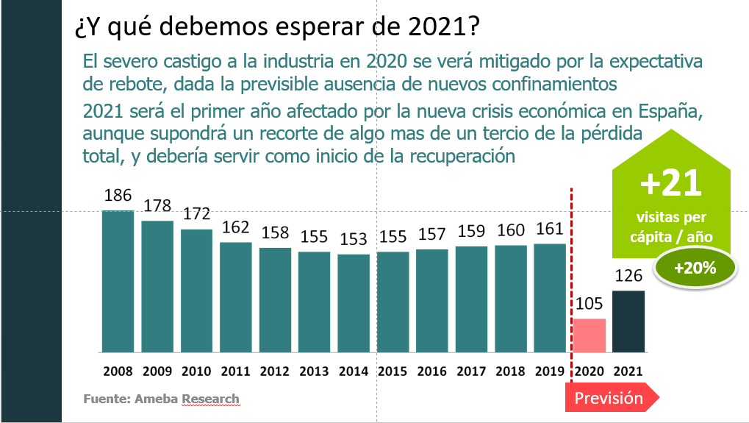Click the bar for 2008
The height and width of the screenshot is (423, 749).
click(118, 280)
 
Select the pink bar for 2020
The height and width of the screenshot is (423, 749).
click(589, 335)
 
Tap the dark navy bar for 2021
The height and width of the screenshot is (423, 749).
click(629, 321)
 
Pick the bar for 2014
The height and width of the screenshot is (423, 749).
click(354, 302)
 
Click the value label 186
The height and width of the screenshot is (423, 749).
click(118, 196)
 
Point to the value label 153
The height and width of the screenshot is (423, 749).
click(354, 240)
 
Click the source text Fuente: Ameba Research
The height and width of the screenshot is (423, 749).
click(161, 399)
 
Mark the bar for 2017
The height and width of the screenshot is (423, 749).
click(472, 298)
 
